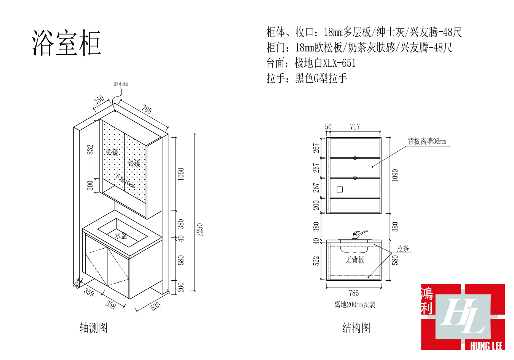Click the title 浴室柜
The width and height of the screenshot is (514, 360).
click(66, 43)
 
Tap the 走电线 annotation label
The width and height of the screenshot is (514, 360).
click(121, 84)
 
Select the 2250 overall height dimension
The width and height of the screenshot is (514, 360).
click(200, 230)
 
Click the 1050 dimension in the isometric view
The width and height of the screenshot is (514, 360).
click(181, 174)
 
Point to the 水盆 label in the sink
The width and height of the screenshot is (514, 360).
click(121, 236)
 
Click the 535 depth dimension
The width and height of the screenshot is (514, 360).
click(155, 306)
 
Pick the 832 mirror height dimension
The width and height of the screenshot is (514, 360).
click(90, 149)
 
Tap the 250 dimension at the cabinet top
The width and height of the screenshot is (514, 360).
click(99, 100)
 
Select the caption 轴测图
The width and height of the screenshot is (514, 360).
click(94, 328)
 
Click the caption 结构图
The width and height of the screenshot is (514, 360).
click(356, 328)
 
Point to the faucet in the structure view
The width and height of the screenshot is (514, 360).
click(358, 234)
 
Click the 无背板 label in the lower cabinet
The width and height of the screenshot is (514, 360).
click(354, 260)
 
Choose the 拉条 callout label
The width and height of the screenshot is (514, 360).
click(402, 249)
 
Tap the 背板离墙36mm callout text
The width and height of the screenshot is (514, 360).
click(426, 141)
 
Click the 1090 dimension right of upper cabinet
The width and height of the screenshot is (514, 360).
click(395, 175)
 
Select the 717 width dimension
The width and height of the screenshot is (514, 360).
click(355, 127)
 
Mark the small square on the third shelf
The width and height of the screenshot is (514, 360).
click(340, 190)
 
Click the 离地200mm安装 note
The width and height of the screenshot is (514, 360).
click(354, 304)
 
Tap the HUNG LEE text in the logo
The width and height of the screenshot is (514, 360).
click(486, 346)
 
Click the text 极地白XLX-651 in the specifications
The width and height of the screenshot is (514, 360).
click(325, 63)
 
